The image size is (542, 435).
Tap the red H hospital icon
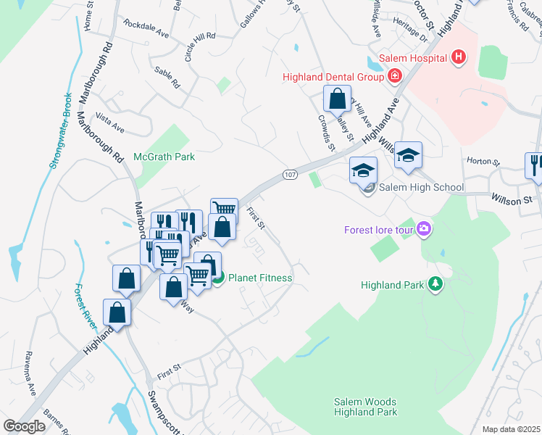coord(457,57)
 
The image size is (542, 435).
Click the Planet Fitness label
coord(261,278)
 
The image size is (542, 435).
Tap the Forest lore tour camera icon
coord(423,231)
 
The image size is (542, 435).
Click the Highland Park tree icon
coord(435,285)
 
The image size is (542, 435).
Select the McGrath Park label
coord(164,157)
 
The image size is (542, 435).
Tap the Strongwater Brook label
coord(60,131)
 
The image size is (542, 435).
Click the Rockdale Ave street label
coord(146,33)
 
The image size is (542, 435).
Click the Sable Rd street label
coord(167,78)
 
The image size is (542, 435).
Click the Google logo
coord(24,426)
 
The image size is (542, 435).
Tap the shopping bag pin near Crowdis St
coord(337,98)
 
